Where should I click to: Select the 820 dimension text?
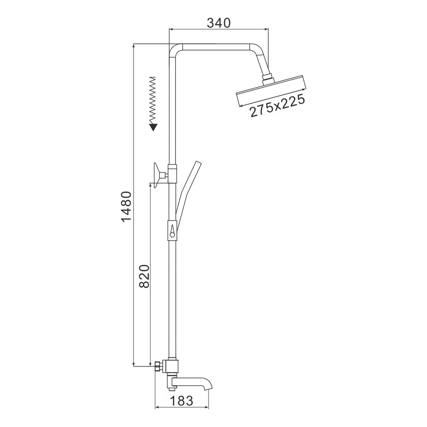pos(144,276)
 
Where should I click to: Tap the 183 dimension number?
pos(181,401)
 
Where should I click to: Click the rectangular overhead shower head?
pos(271,91)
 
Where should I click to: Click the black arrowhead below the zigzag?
pos(153,127)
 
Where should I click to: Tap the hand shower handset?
pos(188,188)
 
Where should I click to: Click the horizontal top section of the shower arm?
pos(214,46)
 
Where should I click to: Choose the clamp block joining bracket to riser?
pos(172,171)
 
